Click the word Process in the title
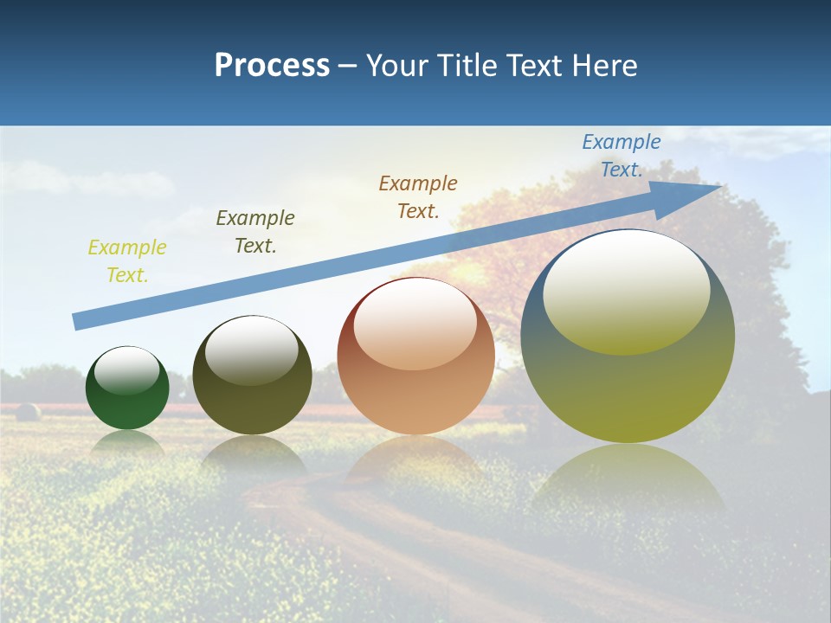pyautogui.click(x=272, y=66)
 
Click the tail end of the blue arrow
pyautogui.click(x=78, y=321)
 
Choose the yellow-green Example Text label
pyautogui.click(x=127, y=261)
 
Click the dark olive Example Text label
pyautogui.click(x=255, y=232)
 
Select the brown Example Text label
pyautogui.click(x=418, y=196)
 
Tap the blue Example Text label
pyautogui.click(x=622, y=156)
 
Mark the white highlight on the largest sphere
pyautogui.click(x=626, y=290)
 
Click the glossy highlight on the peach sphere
pyautogui.click(x=415, y=324)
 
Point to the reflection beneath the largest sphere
pyautogui.click(x=628, y=476)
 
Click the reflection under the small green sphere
pyautogui.click(x=127, y=443)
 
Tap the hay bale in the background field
pyautogui.click(x=28, y=412)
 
